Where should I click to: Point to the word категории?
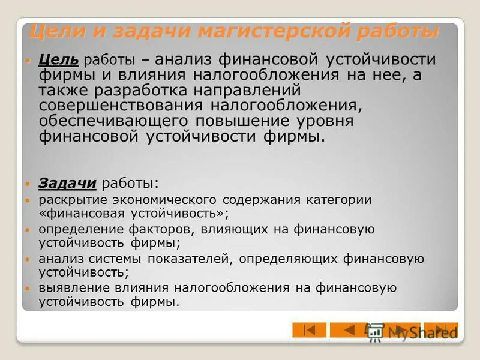341,199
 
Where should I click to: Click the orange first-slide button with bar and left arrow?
309,330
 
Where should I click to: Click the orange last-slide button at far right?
441,330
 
